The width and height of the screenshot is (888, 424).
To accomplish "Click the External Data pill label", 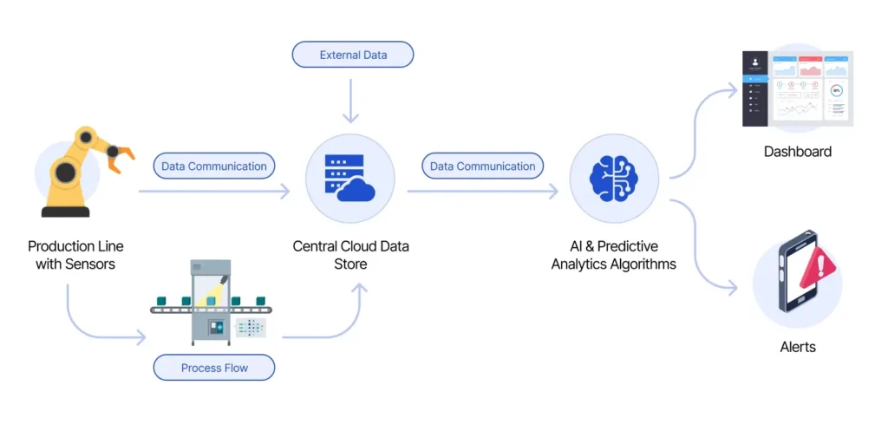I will [352, 55].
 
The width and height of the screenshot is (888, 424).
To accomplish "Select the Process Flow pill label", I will [214, 368].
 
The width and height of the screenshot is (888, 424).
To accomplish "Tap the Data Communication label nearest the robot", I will [214, 166].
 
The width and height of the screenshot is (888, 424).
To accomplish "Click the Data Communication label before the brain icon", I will [483, 166].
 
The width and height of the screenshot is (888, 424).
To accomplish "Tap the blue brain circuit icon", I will [613, 178].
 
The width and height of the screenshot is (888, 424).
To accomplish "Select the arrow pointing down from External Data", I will [351, 100].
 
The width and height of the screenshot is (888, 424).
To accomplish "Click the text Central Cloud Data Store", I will [351, 255].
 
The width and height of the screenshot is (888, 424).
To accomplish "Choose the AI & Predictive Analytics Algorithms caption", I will [613, 255].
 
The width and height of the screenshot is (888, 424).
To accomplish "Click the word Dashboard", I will [797, 152].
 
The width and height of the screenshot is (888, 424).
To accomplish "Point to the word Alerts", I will [797, 347].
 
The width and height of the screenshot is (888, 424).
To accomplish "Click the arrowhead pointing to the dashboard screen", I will [733, 86].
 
